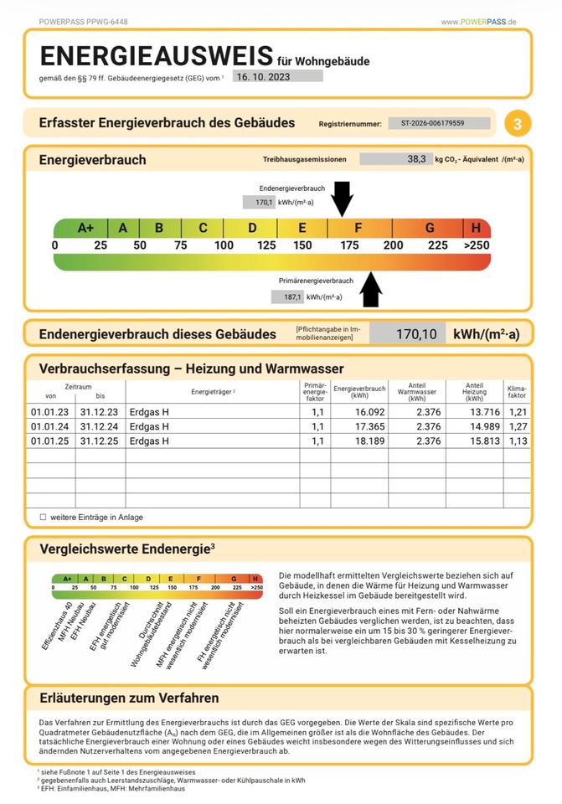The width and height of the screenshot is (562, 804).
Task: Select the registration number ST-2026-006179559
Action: [439, 123]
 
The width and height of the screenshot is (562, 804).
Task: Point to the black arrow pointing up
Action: [371, 291]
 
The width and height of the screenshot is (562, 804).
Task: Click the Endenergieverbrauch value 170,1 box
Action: [259, 202]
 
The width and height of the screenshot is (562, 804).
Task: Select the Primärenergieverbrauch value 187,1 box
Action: [287, 296]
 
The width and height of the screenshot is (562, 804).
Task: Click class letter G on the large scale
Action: [430, 228]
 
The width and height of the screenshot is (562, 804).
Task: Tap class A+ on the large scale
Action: [85, 228]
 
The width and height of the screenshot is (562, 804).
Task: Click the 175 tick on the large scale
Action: [349, 245]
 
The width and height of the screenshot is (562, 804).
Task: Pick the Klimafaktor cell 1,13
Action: [518, 441]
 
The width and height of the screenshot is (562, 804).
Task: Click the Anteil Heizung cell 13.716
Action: [473, 412]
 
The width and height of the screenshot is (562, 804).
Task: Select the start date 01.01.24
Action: [49, 426]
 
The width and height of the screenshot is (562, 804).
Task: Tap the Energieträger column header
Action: [213, 392]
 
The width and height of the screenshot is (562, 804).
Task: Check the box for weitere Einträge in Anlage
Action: [43, 517]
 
